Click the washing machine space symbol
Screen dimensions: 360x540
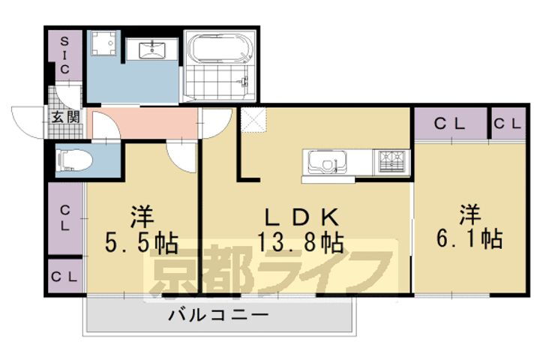pos(106,45)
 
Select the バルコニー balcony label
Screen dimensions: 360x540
pos(217,315)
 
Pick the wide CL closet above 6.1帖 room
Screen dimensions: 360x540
pos(450,124)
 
